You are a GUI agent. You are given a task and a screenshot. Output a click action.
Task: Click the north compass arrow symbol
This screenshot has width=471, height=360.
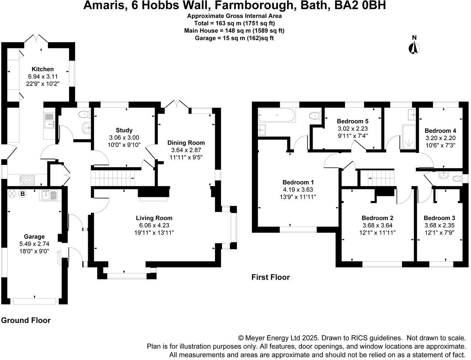[414, 48]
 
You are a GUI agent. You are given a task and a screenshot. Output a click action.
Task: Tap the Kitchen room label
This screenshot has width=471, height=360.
[42, 69]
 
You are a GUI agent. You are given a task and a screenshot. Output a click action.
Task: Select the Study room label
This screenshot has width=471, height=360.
[124, 130]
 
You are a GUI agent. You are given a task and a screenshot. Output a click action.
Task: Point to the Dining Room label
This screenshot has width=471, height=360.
[186, 142]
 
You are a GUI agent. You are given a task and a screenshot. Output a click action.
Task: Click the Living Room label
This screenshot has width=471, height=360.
[154, 218]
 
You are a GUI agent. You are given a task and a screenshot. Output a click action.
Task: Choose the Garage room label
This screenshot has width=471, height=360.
[34, 236]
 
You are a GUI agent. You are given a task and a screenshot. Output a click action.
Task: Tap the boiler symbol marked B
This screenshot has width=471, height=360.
[22, 194]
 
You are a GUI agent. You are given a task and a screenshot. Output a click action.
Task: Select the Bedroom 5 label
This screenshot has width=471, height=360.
[352, 121]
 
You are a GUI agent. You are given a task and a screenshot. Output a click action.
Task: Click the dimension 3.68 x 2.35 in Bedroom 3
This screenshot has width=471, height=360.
[439, 225]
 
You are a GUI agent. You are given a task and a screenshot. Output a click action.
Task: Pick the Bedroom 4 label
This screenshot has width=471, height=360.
[440, 131]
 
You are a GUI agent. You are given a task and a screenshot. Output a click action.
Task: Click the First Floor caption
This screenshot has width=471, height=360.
[270, 277]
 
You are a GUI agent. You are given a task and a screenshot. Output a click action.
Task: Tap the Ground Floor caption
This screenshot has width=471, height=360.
[25, 320]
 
